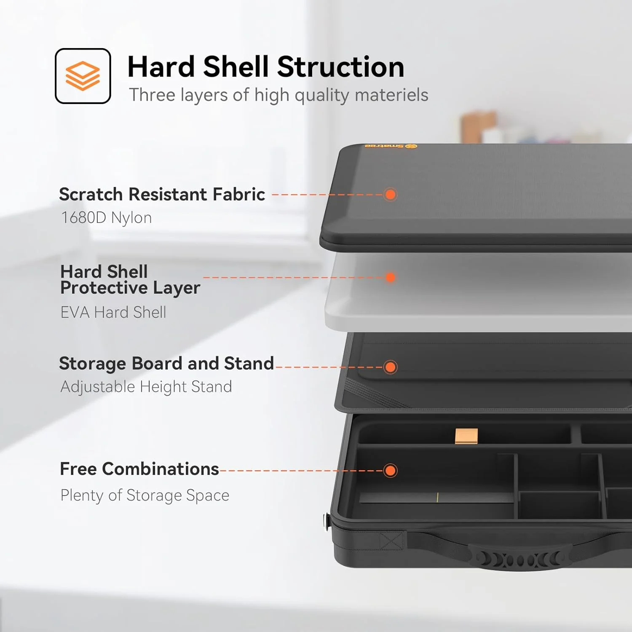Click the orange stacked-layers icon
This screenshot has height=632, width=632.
(x=83, y=76)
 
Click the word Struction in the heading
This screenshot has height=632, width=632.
(x=340, y=67)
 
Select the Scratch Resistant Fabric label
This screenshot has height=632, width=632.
(x=162, y=194)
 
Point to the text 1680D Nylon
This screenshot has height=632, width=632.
(x=107, y=218)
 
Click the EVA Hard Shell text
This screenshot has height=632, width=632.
(x=113, y=312)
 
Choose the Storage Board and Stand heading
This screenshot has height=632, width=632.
(x=166, y=364)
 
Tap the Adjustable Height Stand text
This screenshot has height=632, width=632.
(x=146, y=387)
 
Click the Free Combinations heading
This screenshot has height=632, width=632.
(x=139, y=469)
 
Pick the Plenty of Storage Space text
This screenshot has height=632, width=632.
(x=145, y=495)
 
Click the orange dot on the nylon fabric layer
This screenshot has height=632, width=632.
(x=391, y=194)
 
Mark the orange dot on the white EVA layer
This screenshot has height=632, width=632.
(x=391, y=277)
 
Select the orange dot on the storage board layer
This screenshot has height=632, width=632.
(x=391, y=367)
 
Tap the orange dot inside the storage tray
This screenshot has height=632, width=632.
(x=391, y=471)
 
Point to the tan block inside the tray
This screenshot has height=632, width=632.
(x=466, y=436)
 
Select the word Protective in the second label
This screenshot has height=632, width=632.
(x=104, y=288)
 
